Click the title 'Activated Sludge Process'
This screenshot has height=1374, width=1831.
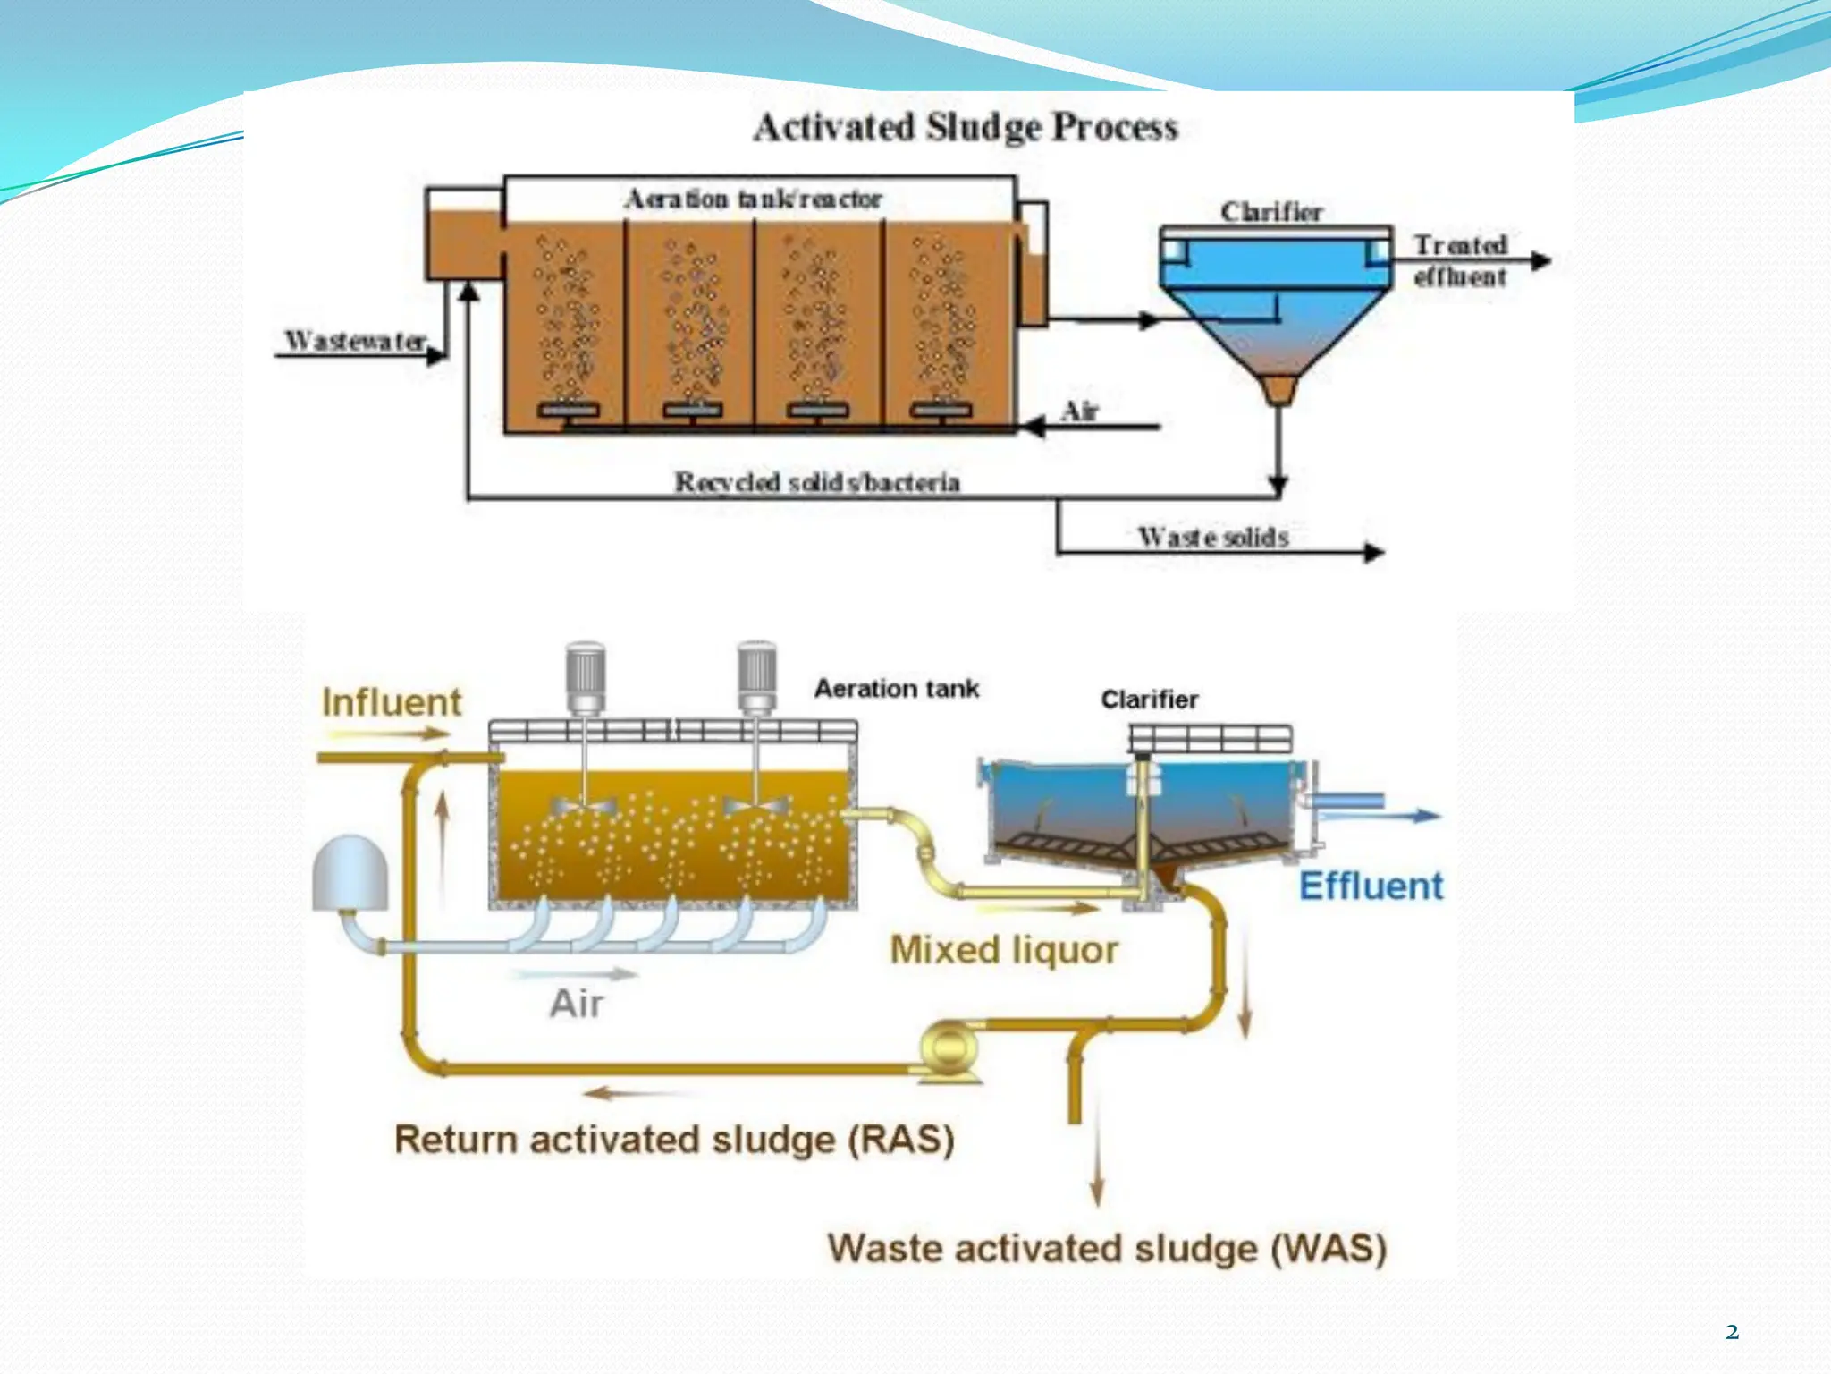tap(966, 127)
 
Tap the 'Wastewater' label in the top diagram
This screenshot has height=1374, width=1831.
tap(355, 340)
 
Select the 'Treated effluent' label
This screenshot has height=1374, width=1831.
tap(1460, 260)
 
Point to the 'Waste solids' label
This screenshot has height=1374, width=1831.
tap(1213, 537)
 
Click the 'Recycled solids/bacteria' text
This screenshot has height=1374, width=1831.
tap(817, 482)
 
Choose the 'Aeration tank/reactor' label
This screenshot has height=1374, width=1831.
tap(754, 199)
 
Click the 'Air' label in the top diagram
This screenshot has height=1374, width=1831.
tap(1079, 411)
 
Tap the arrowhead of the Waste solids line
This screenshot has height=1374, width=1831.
tap(1374, 552)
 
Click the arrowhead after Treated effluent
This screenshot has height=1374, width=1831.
tap(1540, 260)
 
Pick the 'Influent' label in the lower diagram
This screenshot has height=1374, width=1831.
tap(392, 702)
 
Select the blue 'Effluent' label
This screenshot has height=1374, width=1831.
tap(1371, 886)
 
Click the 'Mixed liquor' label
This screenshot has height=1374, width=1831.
tap(1004, 950)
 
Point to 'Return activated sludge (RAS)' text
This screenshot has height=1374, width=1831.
tap(675, 1140)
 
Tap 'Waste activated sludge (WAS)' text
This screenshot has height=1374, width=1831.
tap(1107, 1248)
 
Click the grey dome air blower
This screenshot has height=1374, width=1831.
tap(350, 874)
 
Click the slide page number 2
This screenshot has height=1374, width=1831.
tap(1732, 1332)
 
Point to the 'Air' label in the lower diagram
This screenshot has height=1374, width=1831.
tap(577, 1004)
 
